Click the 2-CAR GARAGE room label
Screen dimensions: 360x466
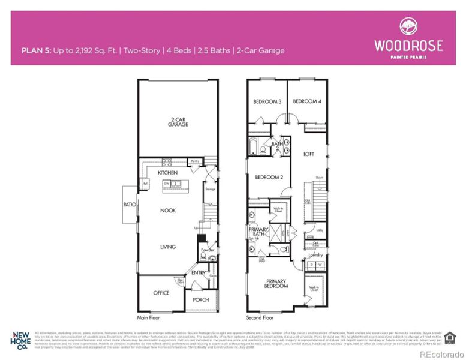(x=178, y=122)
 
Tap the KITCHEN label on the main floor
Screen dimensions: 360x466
(x=167, y=173)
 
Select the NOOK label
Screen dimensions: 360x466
(x=167, y=211)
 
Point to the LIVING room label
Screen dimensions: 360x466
(x=167, y=247)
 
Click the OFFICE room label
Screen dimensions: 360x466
(x=161, y=293)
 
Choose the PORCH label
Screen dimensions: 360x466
(x=200, y=300)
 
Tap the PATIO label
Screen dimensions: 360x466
(x=131, y=205)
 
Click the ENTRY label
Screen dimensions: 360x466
(x=198, y=274)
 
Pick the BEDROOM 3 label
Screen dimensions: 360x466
(x=267, y=102)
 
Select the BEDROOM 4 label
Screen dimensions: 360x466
(x=306, y=102)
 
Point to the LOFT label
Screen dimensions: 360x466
(x=308, y=154)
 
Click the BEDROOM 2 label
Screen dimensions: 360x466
(x=269, y=178)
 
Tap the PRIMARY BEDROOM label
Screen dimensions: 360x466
(x=276, y=284)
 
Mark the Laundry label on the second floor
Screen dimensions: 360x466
(x=315, y=256)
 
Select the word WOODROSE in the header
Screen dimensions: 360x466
(x=408, y=46)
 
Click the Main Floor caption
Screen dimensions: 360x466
(x=151, y=318)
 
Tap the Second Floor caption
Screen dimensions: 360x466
(x=260, y=318)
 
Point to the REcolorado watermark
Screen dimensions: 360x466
(x=440, y=355)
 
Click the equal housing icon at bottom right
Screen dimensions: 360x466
(x=450, y=337)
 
